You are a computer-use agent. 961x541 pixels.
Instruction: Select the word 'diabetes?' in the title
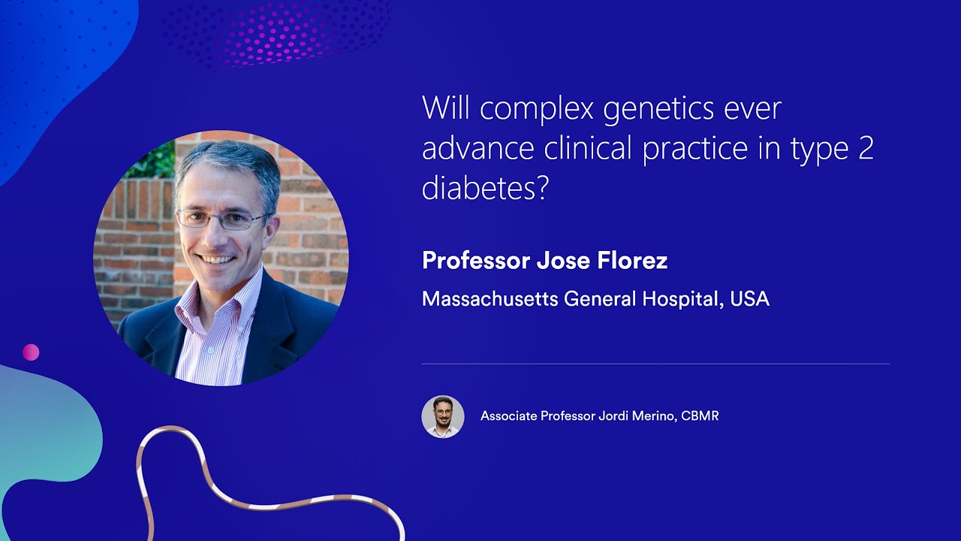485,188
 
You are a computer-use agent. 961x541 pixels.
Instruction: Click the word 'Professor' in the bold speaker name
475,261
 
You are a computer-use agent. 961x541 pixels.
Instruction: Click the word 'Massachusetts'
490,299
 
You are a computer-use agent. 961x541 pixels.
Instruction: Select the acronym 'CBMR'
700,416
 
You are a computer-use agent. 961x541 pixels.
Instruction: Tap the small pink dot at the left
31,352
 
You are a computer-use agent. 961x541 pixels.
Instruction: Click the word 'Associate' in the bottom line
508,416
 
